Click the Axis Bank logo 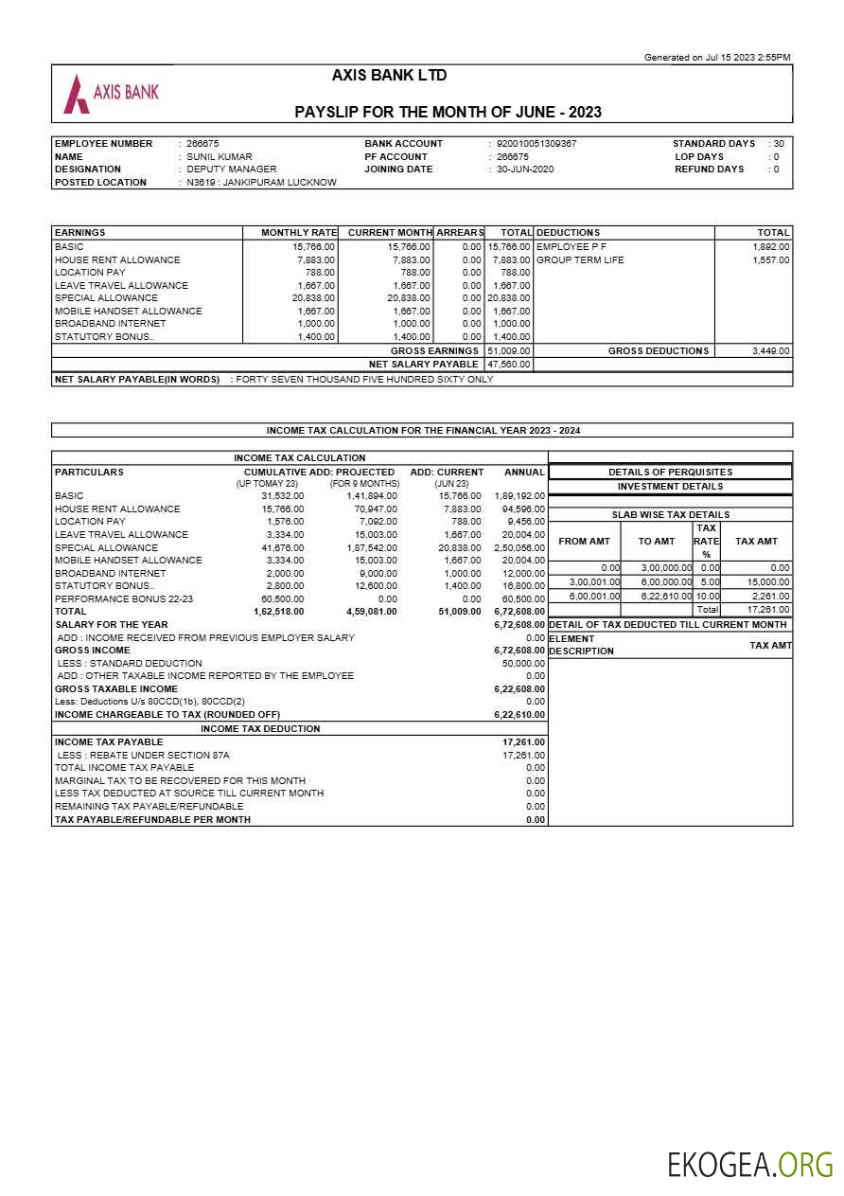[111, 93]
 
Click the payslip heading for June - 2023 [448, 112]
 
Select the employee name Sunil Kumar [219, 156]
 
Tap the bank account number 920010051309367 [536, 144]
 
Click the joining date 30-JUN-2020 [525, 170]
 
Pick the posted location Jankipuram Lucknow [261, 182]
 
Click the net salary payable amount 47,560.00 [509, 364]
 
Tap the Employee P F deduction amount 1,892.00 [770, 246]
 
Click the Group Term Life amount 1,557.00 [770, 259]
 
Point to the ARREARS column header [460, 232]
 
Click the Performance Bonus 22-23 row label [124, 598]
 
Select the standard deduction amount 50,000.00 [523, 663]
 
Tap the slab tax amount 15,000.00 [768, 581]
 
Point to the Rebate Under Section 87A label [143, 755]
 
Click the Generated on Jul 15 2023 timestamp [716, 58]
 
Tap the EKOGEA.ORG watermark [749, 1164]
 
